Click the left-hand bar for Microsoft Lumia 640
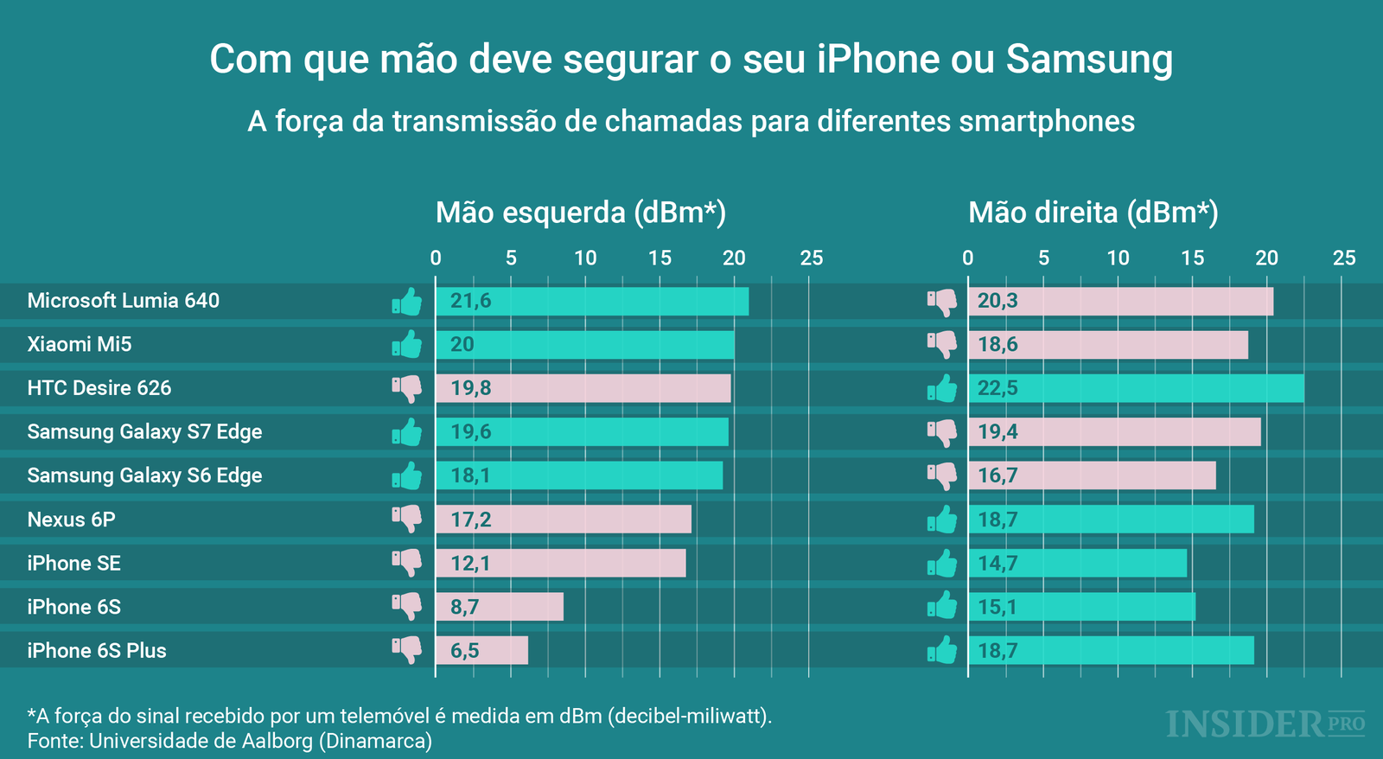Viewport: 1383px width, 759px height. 592,301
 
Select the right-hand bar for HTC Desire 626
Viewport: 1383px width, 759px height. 1136,388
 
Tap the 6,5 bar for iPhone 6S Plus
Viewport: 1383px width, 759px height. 481,650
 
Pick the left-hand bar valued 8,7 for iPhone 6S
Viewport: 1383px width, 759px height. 500,607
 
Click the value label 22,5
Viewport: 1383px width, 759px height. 997,388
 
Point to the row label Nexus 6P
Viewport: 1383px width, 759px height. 71,520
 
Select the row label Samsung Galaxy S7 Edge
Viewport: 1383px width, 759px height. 144,431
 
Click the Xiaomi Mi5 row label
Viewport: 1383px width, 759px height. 80,344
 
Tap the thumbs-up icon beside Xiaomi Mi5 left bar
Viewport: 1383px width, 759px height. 407,344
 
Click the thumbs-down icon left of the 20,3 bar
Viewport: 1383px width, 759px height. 942,301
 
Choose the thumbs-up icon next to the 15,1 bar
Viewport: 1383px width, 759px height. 942,606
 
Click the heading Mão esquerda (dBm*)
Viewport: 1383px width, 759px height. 580,213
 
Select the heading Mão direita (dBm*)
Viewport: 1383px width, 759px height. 1093,213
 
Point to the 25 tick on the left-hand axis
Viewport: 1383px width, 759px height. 811,258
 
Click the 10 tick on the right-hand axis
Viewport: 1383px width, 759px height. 1118,258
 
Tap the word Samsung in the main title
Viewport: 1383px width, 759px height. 1089,59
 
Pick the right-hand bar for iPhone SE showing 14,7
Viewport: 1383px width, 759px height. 1077,563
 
